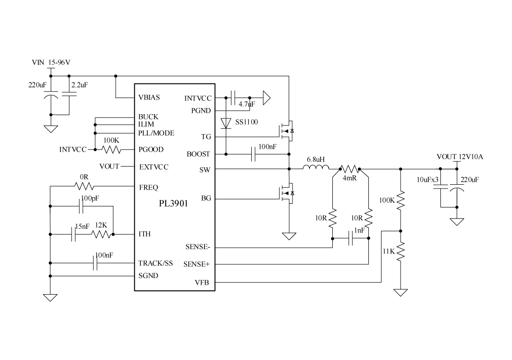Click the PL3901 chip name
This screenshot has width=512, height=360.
[174, 205]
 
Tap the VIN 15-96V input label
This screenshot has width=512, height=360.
[51, 62]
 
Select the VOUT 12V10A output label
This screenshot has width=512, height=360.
[459, 157]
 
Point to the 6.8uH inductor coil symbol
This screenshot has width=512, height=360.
[316, 168]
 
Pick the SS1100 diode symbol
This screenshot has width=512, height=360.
[226, 123]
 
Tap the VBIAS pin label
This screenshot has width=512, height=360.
[149, 98]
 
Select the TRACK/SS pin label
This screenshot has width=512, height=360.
[155, 263]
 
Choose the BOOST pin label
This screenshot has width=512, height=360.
[199, 154]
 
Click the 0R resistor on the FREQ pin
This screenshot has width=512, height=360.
[85, 186]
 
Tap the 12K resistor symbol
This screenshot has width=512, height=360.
[101, 234]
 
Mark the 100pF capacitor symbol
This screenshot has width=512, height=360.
[82, 206]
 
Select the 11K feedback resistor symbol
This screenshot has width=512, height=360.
[401, 252]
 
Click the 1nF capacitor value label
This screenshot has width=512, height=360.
[359, 231]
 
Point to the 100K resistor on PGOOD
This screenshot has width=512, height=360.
[111, 150]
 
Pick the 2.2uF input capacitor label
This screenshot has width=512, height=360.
[79, 85]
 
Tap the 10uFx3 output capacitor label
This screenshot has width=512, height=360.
[428, 180]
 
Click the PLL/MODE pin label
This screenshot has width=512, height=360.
[156, 133]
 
